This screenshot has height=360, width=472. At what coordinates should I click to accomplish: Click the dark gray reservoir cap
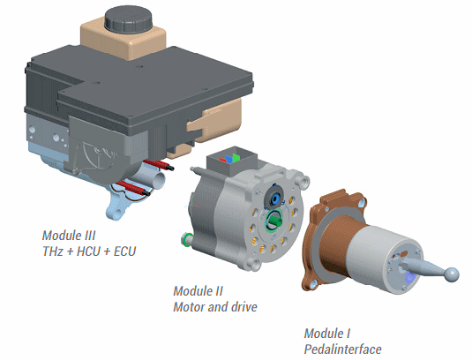tap(129, 18)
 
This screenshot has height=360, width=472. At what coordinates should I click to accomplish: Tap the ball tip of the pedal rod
tap(452, 274)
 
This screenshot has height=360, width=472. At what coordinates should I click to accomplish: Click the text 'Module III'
tap(69, 236)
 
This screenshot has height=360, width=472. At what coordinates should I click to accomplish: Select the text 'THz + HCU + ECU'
tap(89, 251)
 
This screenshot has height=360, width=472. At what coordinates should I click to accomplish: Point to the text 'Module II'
tap(198, 291)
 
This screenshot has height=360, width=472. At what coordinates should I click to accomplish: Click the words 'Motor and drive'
tap(215, 307)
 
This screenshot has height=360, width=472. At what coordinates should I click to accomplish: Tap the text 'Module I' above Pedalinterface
tap(327, 334)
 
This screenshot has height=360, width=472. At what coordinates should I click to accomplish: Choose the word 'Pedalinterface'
tap(342, 349)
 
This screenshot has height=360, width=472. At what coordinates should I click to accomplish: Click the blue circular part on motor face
tap(275, 199)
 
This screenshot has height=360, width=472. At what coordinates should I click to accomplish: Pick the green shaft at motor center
tap(274, 221)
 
